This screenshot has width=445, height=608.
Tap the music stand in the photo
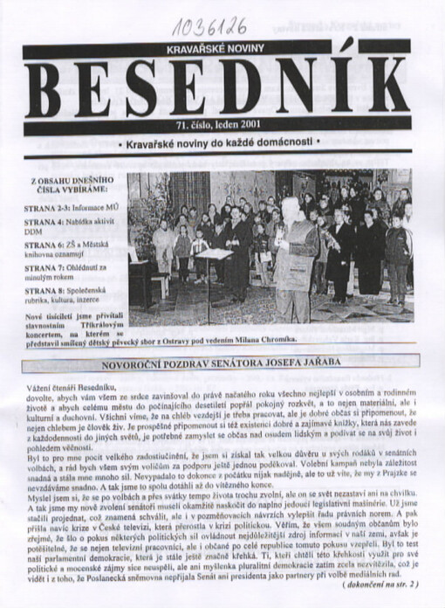click(215, 256)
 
